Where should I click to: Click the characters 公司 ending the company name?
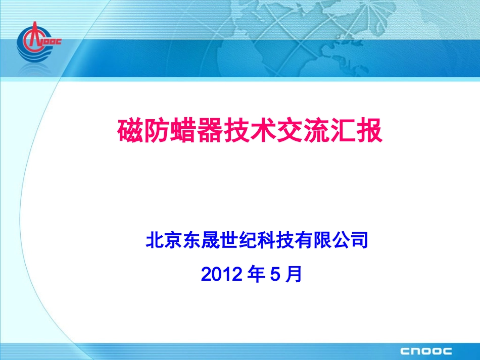[x=348, y=240]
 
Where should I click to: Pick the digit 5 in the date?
[x=275, y=274]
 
